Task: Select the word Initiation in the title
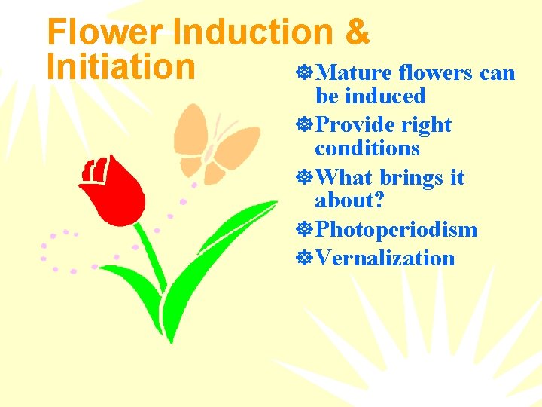point(120,66)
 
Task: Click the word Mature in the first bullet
point(354,73)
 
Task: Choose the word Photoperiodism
point(397,229)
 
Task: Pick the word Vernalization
point(385,258)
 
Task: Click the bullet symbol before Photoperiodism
point(306,229)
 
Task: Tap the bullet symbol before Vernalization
point(306,258)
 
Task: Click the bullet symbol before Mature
point(306,73)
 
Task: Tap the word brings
point(412,178)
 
